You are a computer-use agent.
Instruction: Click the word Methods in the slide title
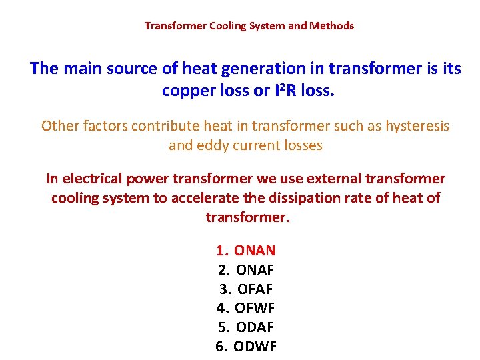click(x=332, y=26)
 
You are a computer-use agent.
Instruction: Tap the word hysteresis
click(x=414, y=125)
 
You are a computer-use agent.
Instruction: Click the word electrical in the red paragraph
click(x=93, y=179)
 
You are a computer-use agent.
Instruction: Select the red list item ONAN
click(x=255, y=251)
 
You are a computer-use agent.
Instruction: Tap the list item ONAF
click(x=255, y=270)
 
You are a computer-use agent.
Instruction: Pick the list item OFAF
click(x=255, y=289)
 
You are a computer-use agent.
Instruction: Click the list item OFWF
click(x=255, y=308)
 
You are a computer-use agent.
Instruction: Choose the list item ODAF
click(x=255, y=327)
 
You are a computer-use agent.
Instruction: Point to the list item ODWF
click(x=255, y=347)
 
